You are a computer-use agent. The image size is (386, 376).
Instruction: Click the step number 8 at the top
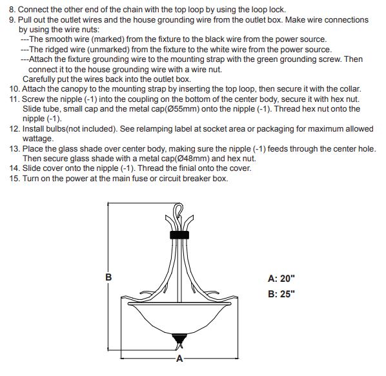point(12,10)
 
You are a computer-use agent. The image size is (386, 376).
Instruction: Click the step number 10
point(15,89)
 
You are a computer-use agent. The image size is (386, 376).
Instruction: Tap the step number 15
point(15,179)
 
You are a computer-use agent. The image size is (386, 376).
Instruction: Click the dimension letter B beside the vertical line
point(108,277)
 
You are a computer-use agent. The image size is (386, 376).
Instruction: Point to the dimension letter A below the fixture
point(179,359)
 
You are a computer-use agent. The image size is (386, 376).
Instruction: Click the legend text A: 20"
point(281,279)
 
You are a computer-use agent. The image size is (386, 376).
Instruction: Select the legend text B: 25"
point(281,294)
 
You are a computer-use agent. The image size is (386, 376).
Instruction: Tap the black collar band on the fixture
point(179,235)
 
